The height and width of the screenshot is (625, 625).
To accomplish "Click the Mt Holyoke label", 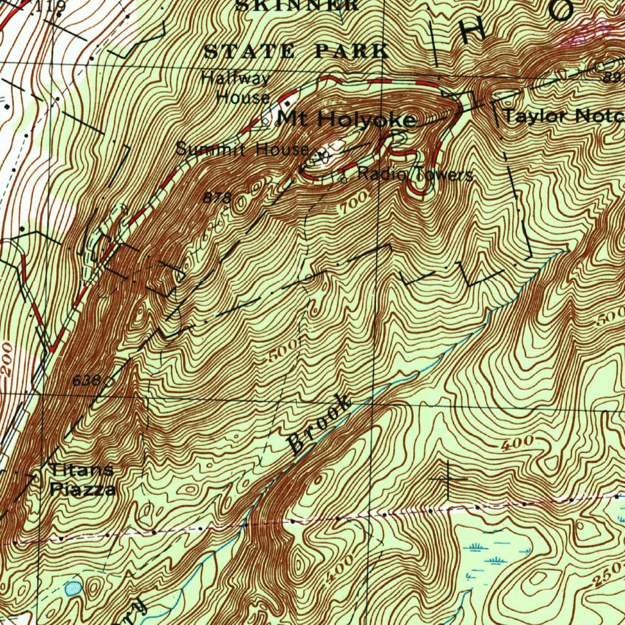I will point(346,119).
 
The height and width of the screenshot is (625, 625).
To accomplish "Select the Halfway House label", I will point(236,88).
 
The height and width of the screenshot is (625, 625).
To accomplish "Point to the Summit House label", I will point(242,148).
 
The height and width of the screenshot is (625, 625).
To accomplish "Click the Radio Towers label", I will point(415,175).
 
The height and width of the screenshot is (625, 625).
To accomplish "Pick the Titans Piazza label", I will point(82,479).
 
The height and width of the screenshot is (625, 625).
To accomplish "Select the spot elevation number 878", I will point(217,198).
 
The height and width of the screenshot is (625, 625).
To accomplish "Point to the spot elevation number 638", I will point(85,380).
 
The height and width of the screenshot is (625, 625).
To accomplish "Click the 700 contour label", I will point(356,201).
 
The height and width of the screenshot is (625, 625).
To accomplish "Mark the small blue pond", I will point(73,588).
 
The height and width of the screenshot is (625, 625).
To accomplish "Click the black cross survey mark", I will point(449,479).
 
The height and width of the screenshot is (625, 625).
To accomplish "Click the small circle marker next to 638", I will point(109,381).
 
